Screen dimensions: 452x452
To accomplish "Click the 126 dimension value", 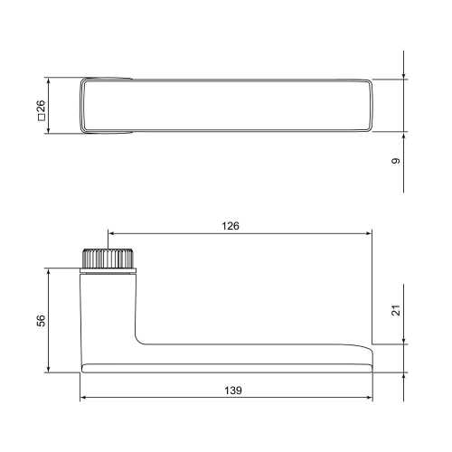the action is click(231, 226).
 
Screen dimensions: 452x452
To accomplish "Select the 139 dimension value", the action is click(233, 391).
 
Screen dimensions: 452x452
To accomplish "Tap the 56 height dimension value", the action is click(41, 320).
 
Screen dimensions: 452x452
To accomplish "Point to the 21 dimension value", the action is click(396, 310).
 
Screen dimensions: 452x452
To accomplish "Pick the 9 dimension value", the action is click(396, 161).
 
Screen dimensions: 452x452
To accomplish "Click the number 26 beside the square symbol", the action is click(41, 106).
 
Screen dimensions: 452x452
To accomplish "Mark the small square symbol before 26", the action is click(41, 118).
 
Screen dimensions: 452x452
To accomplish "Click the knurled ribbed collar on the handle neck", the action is click(108, 259).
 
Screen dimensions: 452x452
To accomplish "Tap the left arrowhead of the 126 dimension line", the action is click(110, 233).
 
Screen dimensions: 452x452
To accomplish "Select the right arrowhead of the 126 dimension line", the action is click(369, 233).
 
